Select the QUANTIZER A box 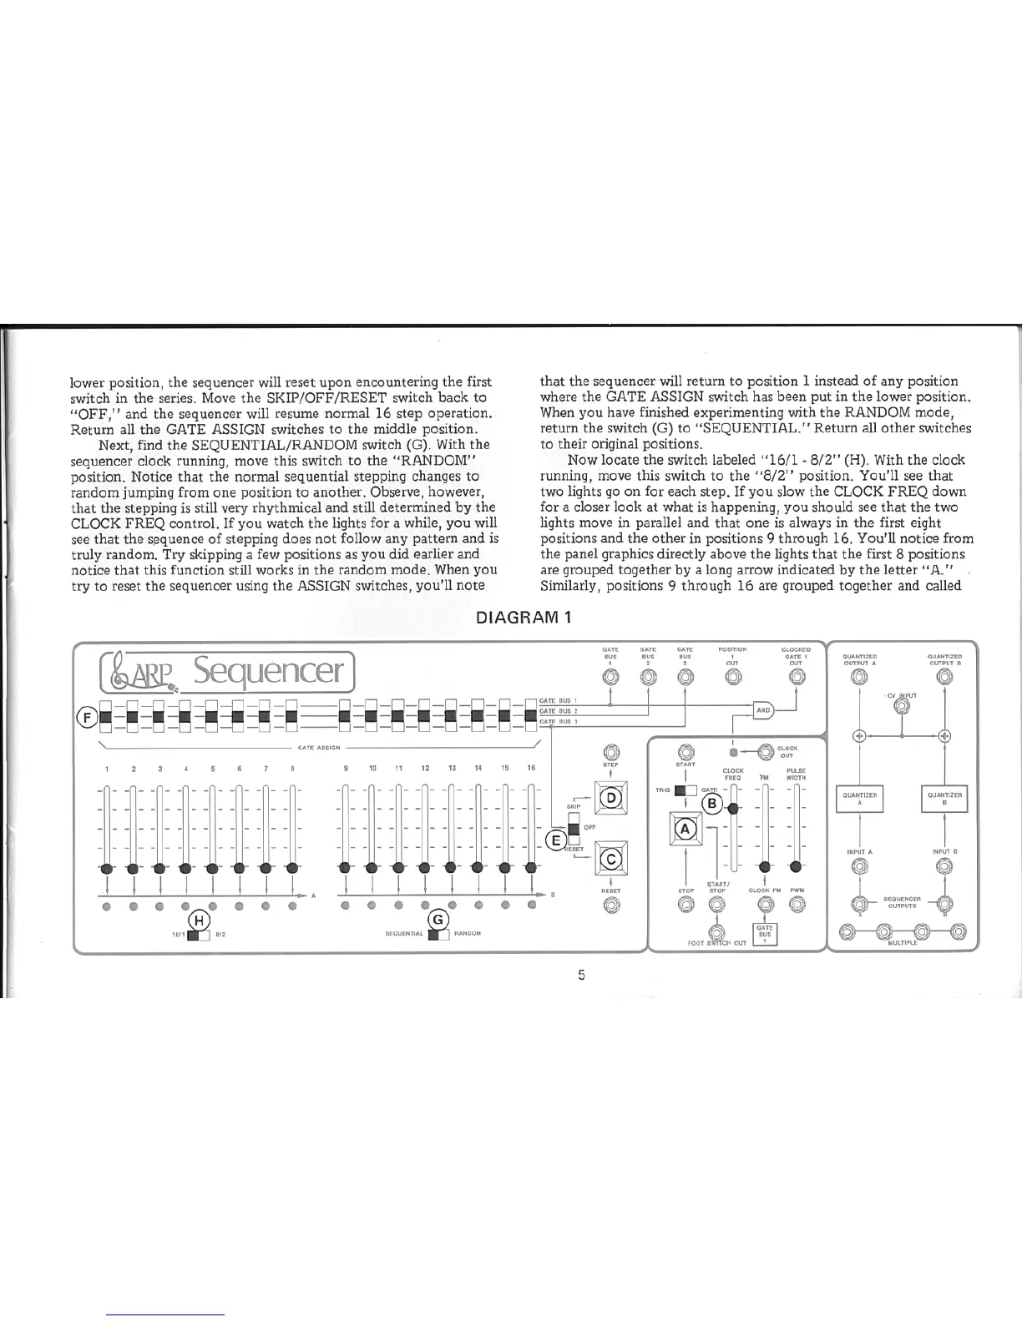point(859,800)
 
